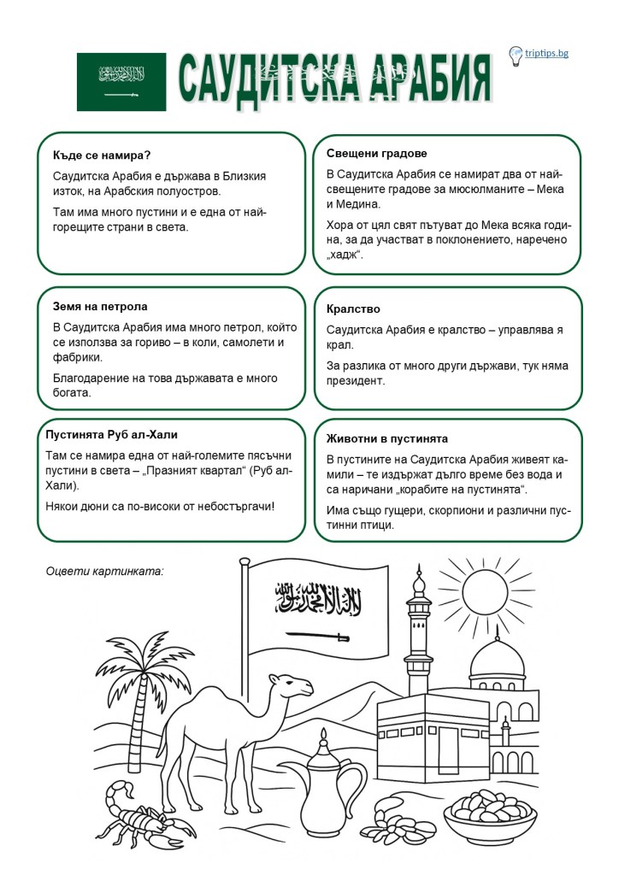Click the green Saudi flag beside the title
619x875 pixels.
pyautogui.click(x=121, y=81)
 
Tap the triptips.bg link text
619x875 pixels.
pyautogui.click(x=547, y=53)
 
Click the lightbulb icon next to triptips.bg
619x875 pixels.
pyautogui.click(x=516, y=56)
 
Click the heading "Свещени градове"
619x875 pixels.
pyautogui.click(x=376, y=153)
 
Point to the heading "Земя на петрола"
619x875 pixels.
pyautogui.click(x=100, y=306)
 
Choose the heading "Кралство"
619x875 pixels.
pyautogui.click(x=353, y=308)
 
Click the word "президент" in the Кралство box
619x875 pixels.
pyautogui.click(x=356, y=381)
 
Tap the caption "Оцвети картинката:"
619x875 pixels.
pyautogui.click(x=103, y=570)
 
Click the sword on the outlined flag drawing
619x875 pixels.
pyautogui.click(x=317, y=637)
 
